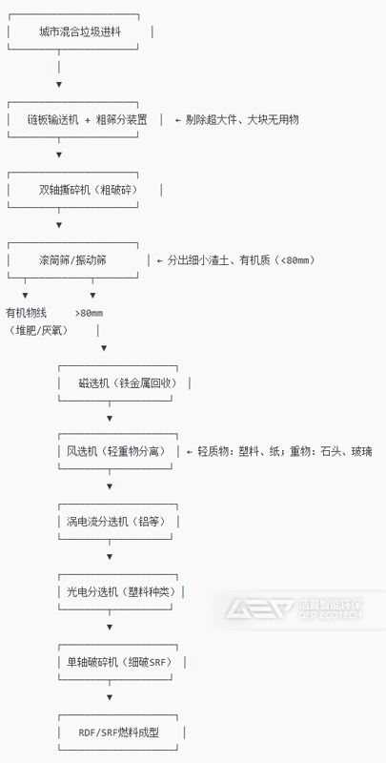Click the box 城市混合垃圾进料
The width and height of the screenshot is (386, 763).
(x=80, y=32)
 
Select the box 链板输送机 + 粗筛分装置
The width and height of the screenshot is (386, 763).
(x=88, y=119)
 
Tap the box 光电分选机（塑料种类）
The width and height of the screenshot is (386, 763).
(x=119, y=591)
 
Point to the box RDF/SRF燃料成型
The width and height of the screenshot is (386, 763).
(x=119, y=732)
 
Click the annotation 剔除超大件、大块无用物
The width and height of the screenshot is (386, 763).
(x=238, y=119)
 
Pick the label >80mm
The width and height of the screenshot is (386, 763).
(x=89, y=313)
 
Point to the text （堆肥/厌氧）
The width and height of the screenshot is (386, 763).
(x=38, y=330)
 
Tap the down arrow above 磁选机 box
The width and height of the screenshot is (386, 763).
(x=104, y=348)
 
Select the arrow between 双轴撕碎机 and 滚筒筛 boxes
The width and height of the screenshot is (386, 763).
(x=59, y=225)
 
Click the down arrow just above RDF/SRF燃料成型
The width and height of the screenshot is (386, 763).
(x=110, y=697)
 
